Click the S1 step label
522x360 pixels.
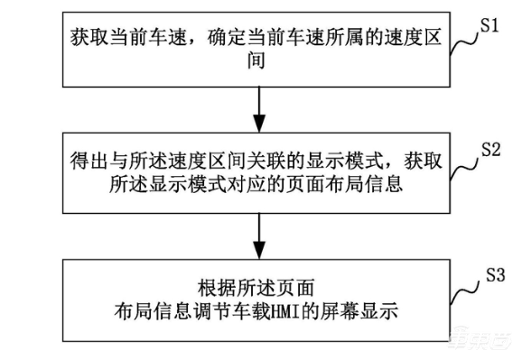(490, 25)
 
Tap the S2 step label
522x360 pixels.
(490, 148)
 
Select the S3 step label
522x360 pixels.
(490, 272)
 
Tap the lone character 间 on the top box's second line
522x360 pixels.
(260, 62)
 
